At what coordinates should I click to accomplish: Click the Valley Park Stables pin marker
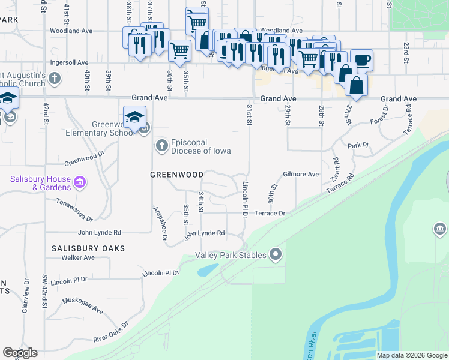coord(276,255)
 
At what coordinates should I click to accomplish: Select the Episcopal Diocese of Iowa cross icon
coord(161,145)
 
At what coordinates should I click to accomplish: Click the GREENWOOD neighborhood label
coord(176,175)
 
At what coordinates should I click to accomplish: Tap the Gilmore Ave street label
coord(301,174)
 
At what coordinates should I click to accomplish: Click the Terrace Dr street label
coord(269,213)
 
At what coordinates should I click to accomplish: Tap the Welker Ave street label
coord(78,257)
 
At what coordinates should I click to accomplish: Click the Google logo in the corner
coord(20,353)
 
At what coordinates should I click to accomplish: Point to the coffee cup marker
coord(361,59)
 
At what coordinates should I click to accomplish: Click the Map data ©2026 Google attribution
coord(412,355)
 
